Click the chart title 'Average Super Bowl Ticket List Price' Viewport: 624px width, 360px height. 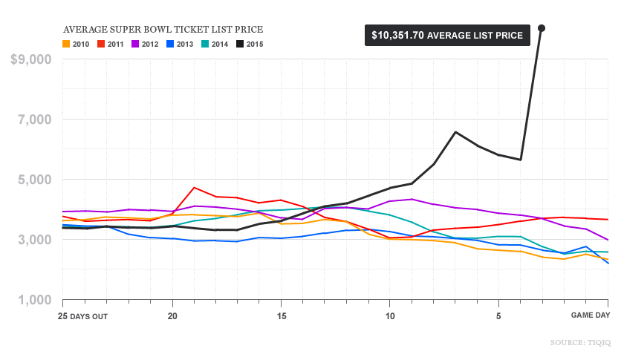[163, 30]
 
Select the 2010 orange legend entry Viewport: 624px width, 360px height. [77, 44]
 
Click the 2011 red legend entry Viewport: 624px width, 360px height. [111, 44]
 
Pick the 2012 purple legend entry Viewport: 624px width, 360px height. [145, 44]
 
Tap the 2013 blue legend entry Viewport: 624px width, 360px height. [179, 44]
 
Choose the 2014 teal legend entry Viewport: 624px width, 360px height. [213, 44]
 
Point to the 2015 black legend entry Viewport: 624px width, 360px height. [249, 44]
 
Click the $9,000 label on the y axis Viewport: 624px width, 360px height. [30, 59]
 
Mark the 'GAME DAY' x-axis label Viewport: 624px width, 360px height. [591, 315]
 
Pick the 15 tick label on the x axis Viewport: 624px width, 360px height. [281, 315]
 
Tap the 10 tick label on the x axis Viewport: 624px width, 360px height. [390, 315]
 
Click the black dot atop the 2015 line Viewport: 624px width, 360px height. [542, 28]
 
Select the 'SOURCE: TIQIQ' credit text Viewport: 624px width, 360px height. [579, 342]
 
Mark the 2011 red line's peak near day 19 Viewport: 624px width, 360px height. [194, 188]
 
